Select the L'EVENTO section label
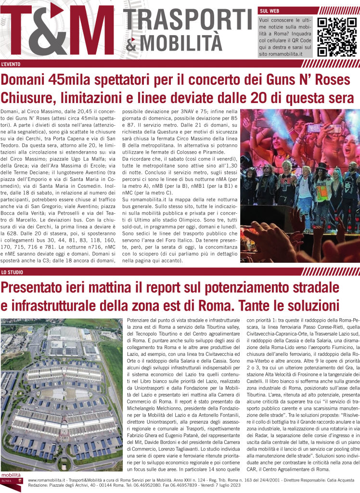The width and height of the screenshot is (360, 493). click(11, 64)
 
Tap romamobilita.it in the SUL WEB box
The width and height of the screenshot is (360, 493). click(281, 54)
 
